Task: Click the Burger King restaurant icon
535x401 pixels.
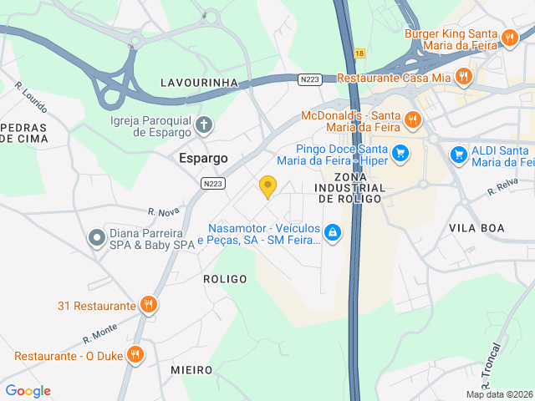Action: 509,37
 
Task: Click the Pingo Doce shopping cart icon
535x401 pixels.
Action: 401,153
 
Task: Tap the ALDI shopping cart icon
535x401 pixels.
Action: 458,155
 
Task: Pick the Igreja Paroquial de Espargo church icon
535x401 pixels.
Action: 205,126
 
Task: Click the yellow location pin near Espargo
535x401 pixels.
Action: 267,186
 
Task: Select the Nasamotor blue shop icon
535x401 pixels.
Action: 333,232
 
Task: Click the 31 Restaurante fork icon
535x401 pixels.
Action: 148,305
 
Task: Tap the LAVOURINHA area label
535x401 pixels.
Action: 200,83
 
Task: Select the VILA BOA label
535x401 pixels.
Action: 476,227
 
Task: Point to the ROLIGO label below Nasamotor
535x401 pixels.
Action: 225,279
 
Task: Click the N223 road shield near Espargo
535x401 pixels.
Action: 212,182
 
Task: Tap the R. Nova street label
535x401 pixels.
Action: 164,212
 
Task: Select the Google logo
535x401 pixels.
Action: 28,391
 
